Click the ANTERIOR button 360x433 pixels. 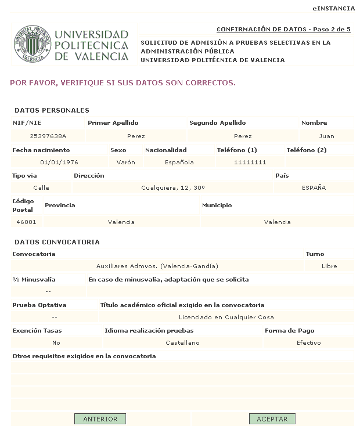click(100, 418)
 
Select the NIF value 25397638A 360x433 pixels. click(48, 136)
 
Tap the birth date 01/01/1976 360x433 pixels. click(59, 162)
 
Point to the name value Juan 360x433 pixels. click(327, 136)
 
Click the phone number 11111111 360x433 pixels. click(250, 162)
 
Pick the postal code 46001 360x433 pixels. click(26, 222)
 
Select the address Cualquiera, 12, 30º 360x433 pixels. click(172, 187)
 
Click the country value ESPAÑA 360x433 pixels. click(314, 187)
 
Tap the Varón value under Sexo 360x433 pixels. click(125, 162)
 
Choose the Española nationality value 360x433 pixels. click(179, 162)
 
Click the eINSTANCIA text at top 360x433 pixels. click(333, 9)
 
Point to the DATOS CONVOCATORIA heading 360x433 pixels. click(57, 241)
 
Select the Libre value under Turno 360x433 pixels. click(329, 266)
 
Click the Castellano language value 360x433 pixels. click(182, 342)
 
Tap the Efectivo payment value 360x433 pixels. click(308, 342)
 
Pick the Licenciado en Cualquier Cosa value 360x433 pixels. click(226, 317)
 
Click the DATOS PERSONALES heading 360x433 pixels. click(52, 110)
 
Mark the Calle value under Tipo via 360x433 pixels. click(41, 187)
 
